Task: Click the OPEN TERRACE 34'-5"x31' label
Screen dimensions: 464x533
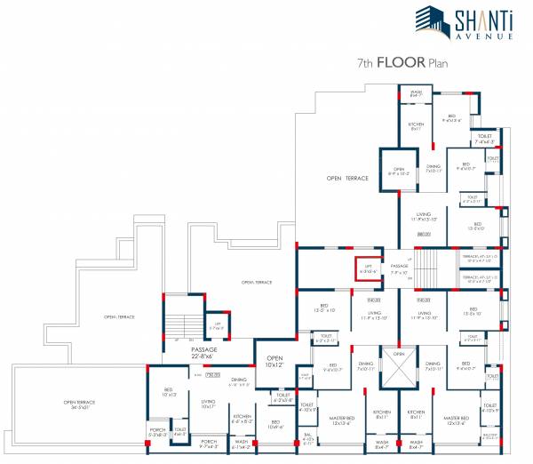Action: tap(80, 405)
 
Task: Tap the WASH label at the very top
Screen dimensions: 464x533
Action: tap(416, 92)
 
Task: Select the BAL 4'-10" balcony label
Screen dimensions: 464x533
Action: tap(309, 439)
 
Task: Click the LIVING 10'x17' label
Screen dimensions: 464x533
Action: tap(209, 404)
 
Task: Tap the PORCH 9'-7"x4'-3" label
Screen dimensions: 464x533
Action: tap(209, 442)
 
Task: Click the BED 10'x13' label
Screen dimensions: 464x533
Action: tap(168, 391)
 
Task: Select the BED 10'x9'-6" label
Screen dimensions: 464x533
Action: tap(276, 424)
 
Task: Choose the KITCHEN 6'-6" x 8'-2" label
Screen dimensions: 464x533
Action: tap(243, 418)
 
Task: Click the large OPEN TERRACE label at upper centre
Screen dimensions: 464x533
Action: tap(347, 179)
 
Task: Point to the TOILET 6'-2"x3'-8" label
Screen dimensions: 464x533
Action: tap(283, 396)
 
